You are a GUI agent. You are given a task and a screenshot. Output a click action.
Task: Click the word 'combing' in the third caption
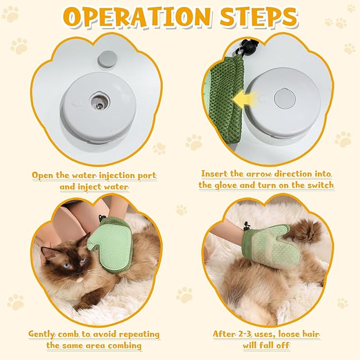(x=125, y=346)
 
